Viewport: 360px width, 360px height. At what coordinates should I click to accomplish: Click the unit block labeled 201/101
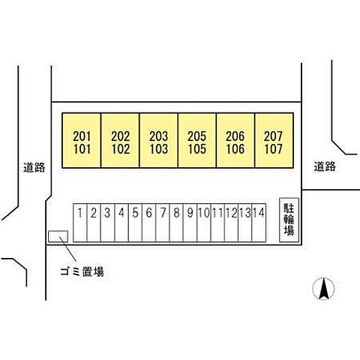click(x=82, y=140)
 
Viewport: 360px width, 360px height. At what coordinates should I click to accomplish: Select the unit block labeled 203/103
click(x=159, y=140)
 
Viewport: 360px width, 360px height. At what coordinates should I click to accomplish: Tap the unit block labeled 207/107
click(x=274, y=140)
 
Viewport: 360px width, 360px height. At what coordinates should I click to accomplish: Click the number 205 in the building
click(x=197, y=136)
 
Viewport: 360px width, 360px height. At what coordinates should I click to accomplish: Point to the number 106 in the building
click(x=235, y=149)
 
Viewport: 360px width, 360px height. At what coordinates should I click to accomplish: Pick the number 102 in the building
click(x=121, y=149)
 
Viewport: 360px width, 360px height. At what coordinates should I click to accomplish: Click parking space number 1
click(x=80, y=223)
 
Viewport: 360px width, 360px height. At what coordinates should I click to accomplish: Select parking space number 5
click(x=135, y=223)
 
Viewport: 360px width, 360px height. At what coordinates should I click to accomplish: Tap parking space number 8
click(x=176, y=223)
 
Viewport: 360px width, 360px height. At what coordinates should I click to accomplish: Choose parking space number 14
click(x=259, y=223)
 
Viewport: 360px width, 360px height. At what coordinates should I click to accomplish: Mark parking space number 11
click(x=217, y=223)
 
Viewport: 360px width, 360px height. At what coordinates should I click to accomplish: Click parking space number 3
click(x=107, y=223)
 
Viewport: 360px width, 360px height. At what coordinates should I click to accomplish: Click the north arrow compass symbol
click(x=323, y=289)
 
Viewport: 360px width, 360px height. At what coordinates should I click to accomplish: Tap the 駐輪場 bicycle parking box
click(x=289, y=220)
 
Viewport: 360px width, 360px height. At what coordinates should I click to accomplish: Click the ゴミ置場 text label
click(x=82, y=271)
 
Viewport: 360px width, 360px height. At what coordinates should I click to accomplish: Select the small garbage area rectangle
click(x=58, y=236)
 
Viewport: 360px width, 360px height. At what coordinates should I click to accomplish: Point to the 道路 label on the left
click(x=34, y=167)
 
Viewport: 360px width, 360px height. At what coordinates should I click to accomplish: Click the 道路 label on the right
click(x=325, y=166)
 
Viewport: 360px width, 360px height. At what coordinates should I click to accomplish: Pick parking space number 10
click(x=204, y=223)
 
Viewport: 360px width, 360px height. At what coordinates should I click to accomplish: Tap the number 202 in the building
click(x=121, y=136)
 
